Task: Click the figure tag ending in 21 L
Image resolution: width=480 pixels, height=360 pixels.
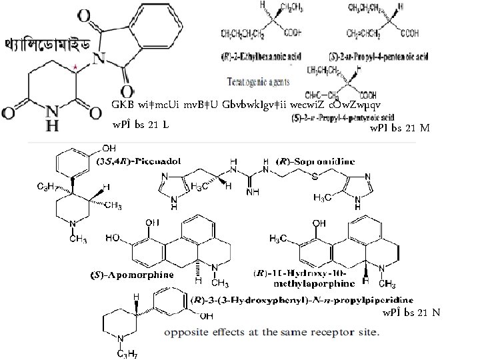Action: pyautogui.click(x=140, y=125)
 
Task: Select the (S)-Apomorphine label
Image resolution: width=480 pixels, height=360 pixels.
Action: pyautogui.click(x=131, y=275)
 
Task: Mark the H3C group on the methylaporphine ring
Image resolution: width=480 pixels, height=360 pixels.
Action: pyautogui.click(x=279, y=239)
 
